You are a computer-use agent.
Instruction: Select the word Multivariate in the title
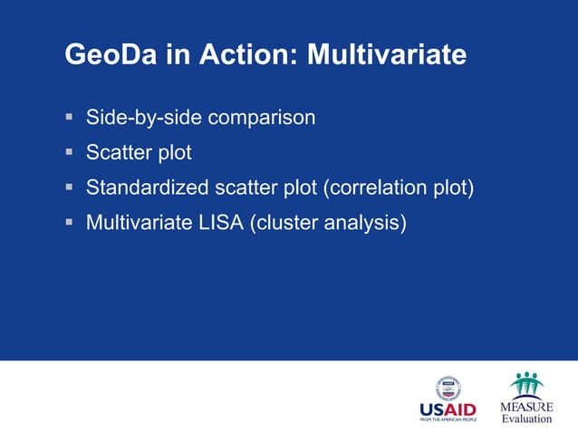(387, 56)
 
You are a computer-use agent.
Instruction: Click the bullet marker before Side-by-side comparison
(70, 118)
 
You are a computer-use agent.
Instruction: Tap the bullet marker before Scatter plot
(70, 153)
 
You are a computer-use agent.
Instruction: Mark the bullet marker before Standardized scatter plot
(70, 188)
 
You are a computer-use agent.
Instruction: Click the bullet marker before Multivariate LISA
(70, 223)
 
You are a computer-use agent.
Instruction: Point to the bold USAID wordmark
(448, 409)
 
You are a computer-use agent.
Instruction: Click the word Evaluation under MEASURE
(525, 419)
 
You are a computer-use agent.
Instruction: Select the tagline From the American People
(448, 420)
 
